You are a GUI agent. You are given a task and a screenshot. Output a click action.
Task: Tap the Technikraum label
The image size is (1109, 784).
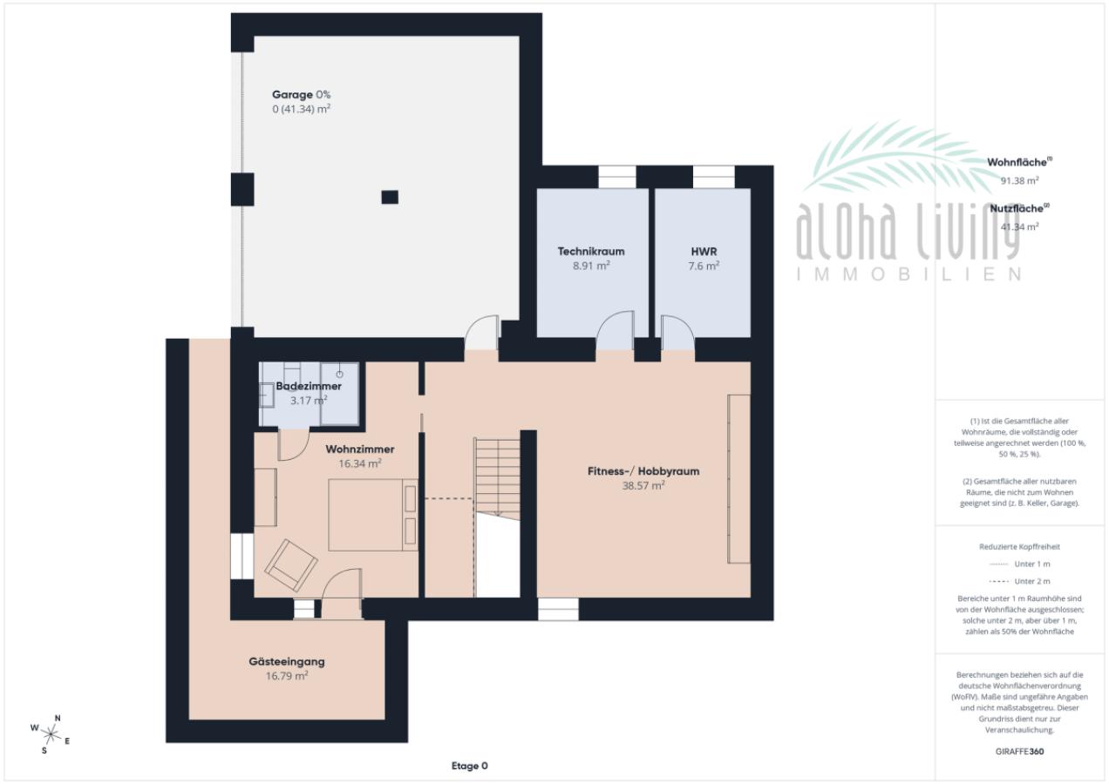point(591,251)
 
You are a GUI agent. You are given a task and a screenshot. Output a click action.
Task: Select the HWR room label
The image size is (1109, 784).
point(704,251)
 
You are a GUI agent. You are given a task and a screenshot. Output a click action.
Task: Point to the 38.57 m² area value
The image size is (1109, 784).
point(643,486)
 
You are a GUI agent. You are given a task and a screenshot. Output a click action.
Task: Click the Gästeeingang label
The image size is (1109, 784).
point(287,662)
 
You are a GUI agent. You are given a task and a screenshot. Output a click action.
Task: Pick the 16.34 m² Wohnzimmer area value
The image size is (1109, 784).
point(360,463)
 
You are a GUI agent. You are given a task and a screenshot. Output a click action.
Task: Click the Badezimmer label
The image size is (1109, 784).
point(309,386)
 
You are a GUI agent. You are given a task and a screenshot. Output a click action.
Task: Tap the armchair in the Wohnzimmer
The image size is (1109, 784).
point(291,564)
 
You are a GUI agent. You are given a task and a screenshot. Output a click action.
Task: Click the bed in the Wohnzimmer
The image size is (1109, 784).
point(373,515)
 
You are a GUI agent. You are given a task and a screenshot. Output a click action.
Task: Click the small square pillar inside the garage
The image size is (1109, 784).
point(390,198)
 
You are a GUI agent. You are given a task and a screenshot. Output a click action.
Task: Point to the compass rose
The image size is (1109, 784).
point(51,734)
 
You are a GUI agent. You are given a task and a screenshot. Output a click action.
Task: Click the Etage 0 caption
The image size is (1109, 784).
point(469,766)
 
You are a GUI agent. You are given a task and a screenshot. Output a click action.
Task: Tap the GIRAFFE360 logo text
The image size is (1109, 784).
point(1019,752)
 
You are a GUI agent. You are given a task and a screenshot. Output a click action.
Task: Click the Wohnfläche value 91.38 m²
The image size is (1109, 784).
point(1019,180)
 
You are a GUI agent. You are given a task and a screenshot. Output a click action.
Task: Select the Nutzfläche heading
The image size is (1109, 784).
point(1019,209)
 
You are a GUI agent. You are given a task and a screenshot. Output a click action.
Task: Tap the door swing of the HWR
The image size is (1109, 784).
point(677,331)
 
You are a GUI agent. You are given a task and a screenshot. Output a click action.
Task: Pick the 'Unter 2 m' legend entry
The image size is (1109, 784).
point(1019,581)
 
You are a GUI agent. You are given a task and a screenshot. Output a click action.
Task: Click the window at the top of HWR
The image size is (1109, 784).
point(713,177)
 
